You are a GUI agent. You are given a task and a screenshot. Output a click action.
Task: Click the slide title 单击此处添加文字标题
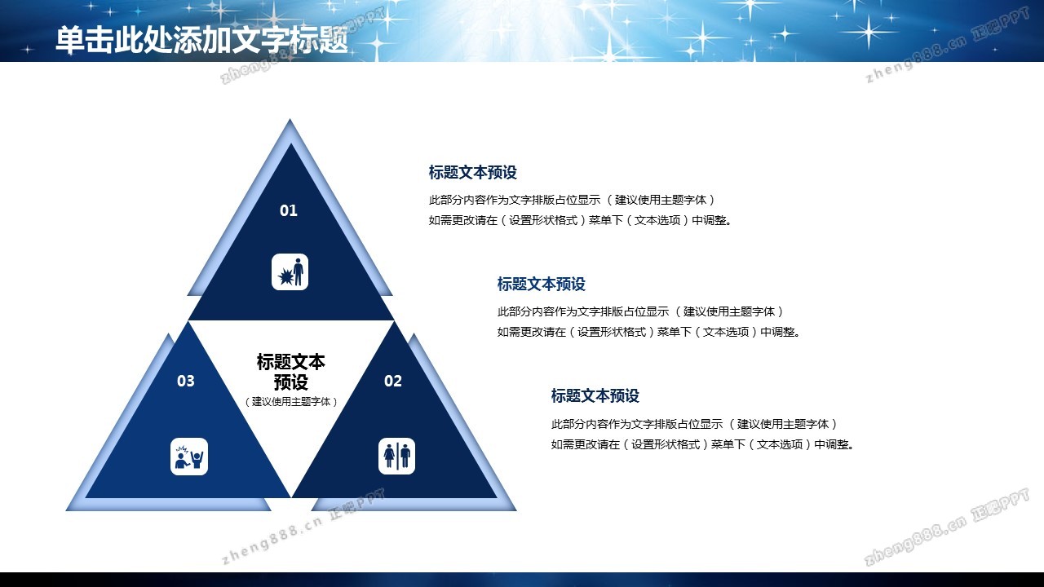pyautogui.click(x=201, y=39)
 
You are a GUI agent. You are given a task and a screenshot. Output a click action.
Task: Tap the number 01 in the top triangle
pyautogui.click(x=289, y=210)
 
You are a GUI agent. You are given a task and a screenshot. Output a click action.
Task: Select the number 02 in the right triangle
pyautogui.click(x=393, y=381)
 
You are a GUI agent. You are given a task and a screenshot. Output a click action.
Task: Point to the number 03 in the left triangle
pyautogui.click(x=185, y=381)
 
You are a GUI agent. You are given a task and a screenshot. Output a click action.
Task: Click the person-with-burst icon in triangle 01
pyautogui.click(x=290, y=272)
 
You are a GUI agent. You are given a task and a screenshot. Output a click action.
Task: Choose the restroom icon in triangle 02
pyautogui.click(x=396, y=456)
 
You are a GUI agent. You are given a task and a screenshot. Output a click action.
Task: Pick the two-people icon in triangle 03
pyautogui.click(x=189, y=457)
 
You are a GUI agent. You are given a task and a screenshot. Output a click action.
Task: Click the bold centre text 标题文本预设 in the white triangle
pyautogui.click(x=291, y=372)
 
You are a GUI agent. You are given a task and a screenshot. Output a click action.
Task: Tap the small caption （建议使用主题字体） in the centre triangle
pyautogui.click(x=291, y=402)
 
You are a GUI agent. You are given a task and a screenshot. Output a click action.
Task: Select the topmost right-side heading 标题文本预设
pyautogui.click(x=472, y=172)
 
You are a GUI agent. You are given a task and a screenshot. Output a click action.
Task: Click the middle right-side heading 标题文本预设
pyautogui.click(x=541, y=284)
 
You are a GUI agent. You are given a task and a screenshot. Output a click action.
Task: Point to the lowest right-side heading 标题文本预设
pyautogui.click(x=595, y=395)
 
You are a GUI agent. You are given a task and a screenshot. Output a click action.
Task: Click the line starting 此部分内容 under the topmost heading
pyautogui.click(x=573, y=200)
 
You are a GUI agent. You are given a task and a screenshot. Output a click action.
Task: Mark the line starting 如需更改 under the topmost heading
pyautogui.click(x=581, y=220)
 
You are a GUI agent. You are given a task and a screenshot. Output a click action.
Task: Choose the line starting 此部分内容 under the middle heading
pyautogui.click(x=641, y=311)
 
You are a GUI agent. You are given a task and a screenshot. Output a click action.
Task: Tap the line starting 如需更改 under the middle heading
pyautogui.click(x=649, y=332)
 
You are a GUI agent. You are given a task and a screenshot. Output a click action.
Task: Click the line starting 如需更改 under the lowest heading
pyautogui.click(x=703, y=444)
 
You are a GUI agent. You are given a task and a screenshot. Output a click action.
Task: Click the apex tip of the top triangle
pyautogui.click(x=290, y=119)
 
